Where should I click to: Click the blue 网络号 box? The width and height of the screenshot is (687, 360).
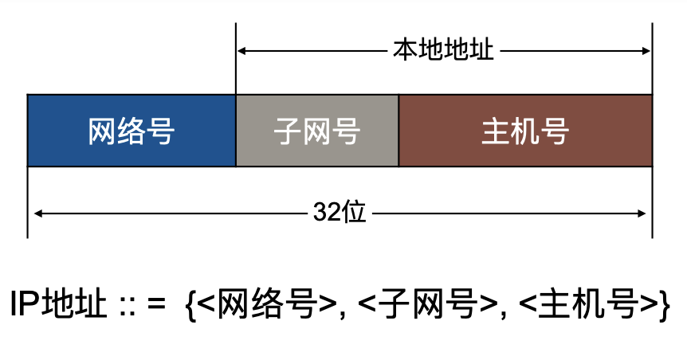click(x=132, y=131)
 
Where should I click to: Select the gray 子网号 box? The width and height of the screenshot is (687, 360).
click(x=317, y=131)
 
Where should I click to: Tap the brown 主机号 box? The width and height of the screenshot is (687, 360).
click(x=525, y=131)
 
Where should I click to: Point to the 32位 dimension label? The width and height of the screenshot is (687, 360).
click(x=340, y=213)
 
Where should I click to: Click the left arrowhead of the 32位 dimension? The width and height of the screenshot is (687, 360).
click(x=36, y=213)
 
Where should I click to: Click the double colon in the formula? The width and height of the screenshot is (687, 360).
click(x=127, y=306)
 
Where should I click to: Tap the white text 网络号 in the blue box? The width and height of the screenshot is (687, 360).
click(x=132, y=131)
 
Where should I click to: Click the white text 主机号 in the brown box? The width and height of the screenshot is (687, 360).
click(x=525, y=131)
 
